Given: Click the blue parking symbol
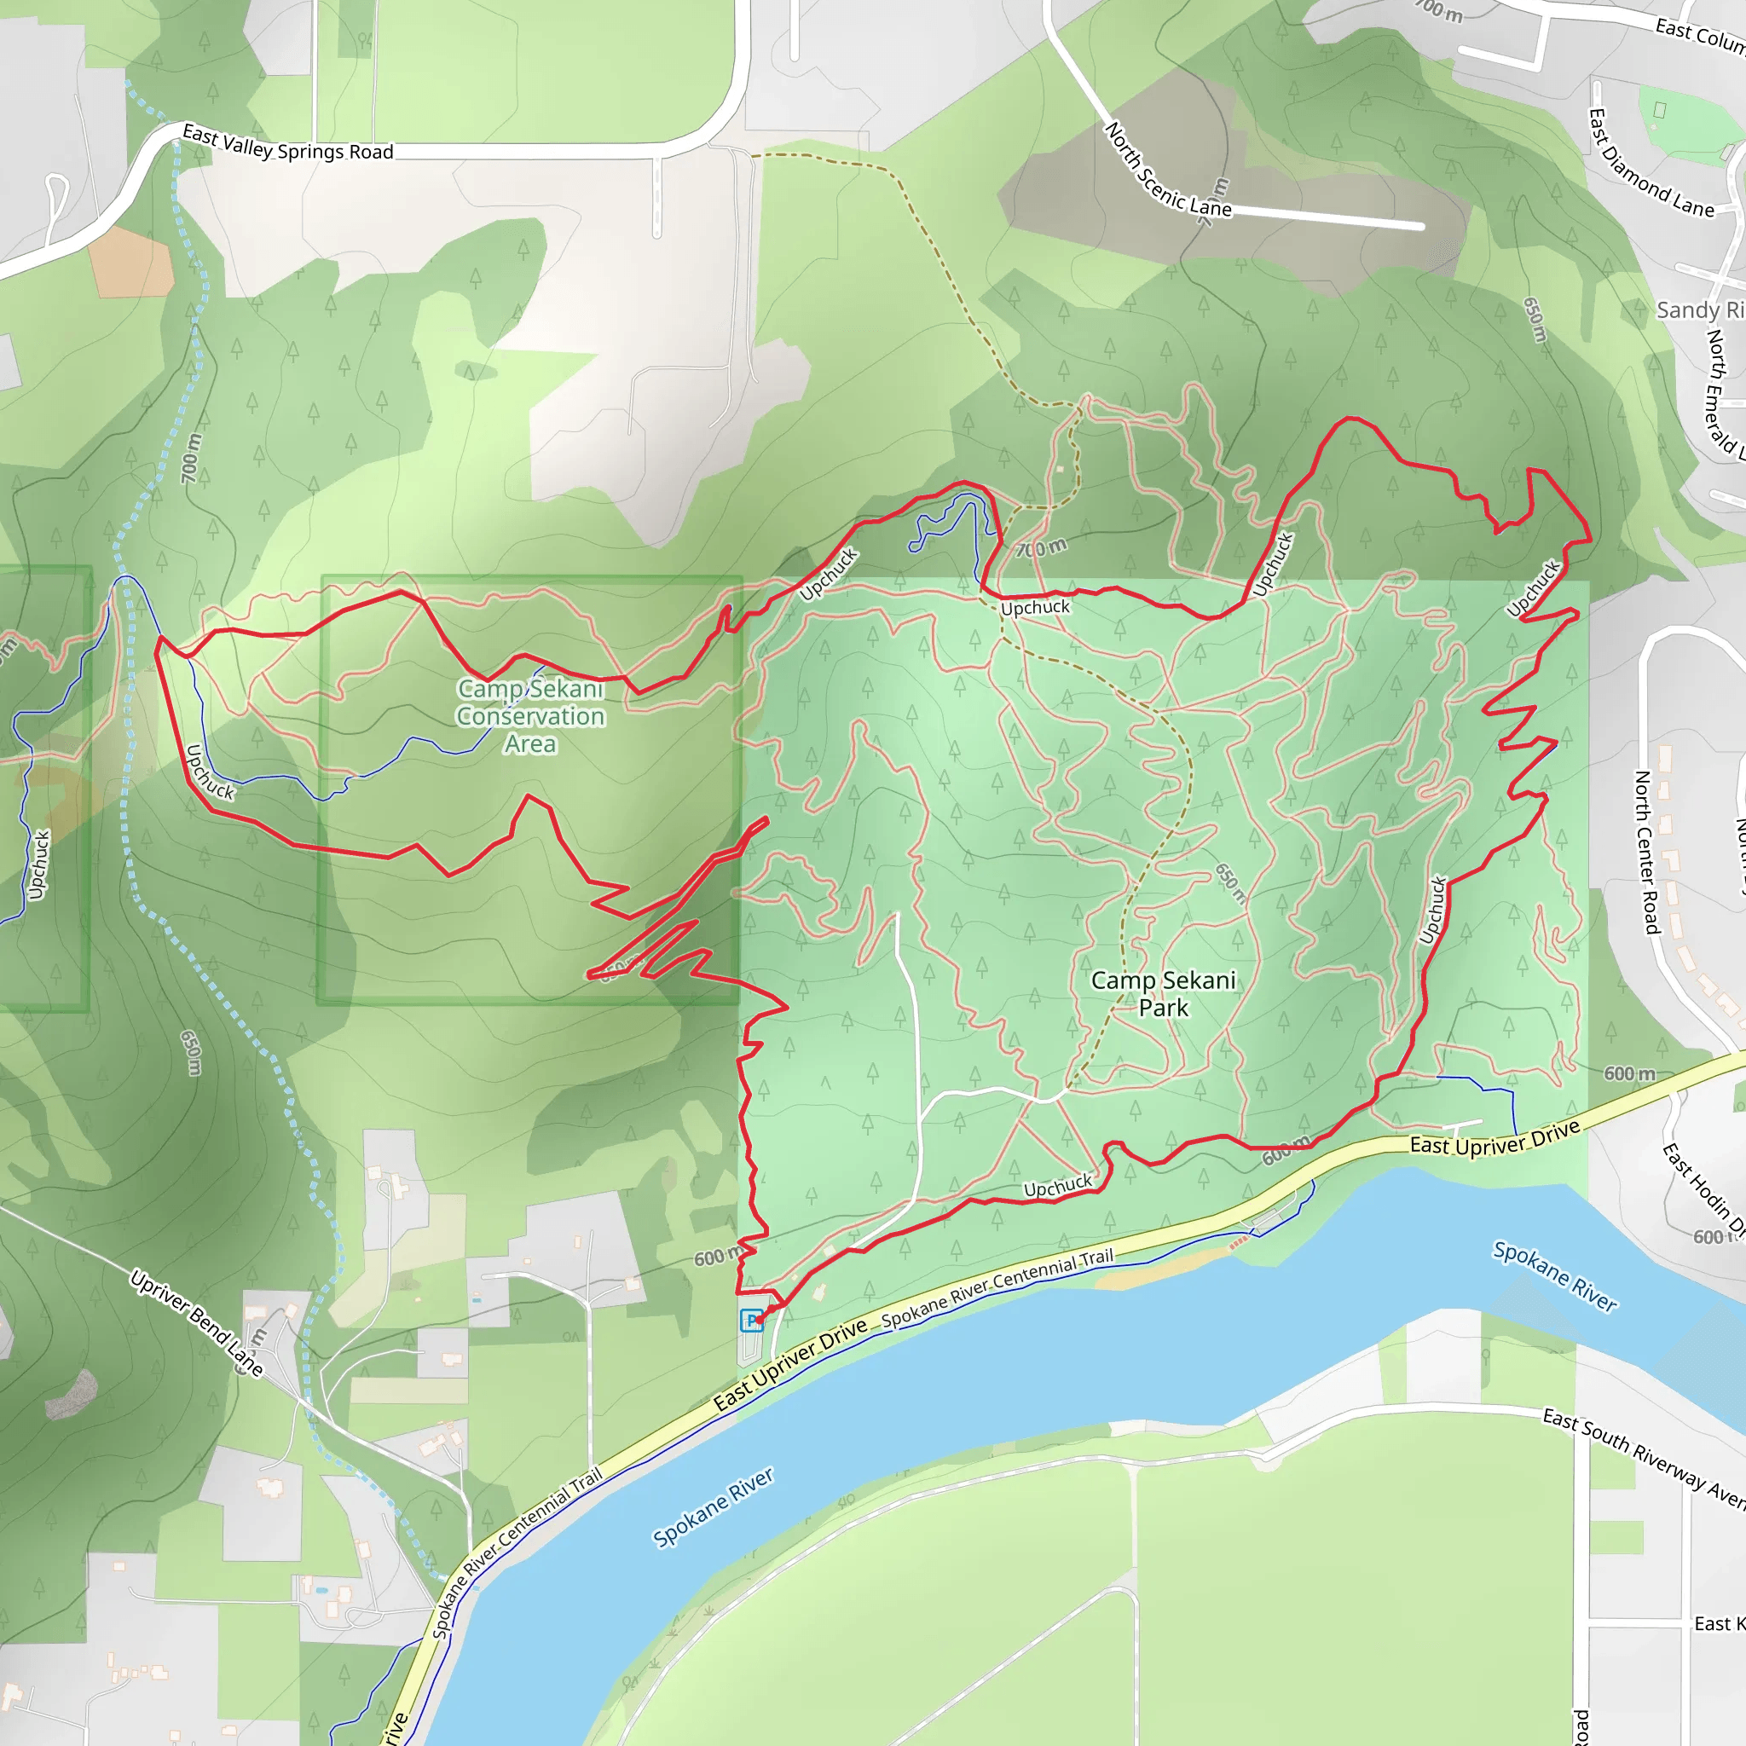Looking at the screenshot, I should [751, 1321].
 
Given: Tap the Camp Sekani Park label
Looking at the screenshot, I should [1162, 993].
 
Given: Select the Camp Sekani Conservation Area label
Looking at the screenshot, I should [530, 716].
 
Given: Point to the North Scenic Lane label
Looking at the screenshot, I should [1167, 171].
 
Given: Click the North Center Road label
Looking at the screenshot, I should [1647, 852].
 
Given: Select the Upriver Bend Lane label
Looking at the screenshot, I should [196, 1323].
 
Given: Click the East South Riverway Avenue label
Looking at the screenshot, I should [1643, 1458].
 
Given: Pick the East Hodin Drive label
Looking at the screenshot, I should [1703, 1192].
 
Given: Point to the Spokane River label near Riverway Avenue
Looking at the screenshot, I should [1553, 1275].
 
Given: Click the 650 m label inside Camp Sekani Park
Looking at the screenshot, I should [1230, 883].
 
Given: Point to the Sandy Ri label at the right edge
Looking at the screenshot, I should [1699, 310].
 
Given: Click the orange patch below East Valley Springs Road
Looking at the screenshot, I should [130, 261].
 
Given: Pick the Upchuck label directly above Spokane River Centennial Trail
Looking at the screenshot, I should [1057, 1186].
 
